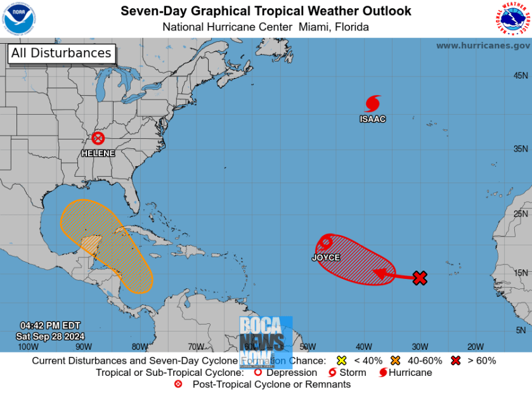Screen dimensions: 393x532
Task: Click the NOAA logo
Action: click(x=19, y=18)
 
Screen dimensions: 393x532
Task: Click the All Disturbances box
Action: click(x=62, y=53)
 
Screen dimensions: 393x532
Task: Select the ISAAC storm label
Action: click(x=372, y=119)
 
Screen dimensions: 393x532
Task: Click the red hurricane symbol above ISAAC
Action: click(x=373, y=103)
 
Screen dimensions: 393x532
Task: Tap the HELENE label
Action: click(x=98, y=153)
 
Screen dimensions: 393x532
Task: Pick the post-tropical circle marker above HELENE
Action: click(x=98, y=138)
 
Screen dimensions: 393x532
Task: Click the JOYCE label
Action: click(x=325, y=257)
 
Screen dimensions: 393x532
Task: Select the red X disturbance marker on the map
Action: click(x=420, y=278)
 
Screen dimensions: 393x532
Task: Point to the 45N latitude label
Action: click(x=521, y=75)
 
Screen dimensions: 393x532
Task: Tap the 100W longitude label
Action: click(x=28, y=346)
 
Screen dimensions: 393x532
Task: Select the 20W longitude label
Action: click(x=475, y=346)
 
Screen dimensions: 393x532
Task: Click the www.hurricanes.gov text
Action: click(x=483, y=46)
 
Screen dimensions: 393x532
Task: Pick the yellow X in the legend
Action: click(x=341, y=361)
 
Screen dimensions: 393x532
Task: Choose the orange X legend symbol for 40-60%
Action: click(x=396, y=361)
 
